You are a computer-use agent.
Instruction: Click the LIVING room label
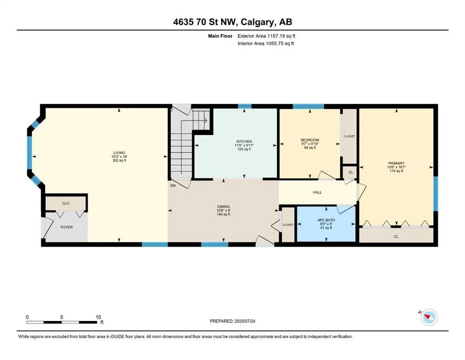click(119, 153)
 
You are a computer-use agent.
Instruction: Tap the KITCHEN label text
click(244, 142)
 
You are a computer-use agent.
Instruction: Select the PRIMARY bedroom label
click(396, 163)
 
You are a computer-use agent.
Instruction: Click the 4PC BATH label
click(326, 220)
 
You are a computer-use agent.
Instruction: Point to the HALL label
click(317, 192)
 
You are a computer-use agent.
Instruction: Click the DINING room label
click(223, 207)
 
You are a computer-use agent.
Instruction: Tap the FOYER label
click(66, 227)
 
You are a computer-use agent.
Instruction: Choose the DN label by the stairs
click(173, 186)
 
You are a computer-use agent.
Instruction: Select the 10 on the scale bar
click(98, 317)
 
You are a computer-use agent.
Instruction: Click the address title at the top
click(232, 22)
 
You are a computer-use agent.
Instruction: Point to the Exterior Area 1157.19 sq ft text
click(266, 36)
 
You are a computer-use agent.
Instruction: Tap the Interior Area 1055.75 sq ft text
click(266, 43)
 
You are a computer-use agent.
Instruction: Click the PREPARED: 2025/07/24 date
click(232, 321)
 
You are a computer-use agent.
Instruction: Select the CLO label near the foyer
click(66, 203)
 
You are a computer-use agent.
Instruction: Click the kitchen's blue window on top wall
click(244, 106)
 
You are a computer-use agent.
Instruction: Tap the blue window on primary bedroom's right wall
click(435, 194)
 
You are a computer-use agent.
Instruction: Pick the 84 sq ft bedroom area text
click(310, 148)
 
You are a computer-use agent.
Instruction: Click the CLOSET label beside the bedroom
click(349, 136)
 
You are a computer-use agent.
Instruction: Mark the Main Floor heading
click(220, 36)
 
